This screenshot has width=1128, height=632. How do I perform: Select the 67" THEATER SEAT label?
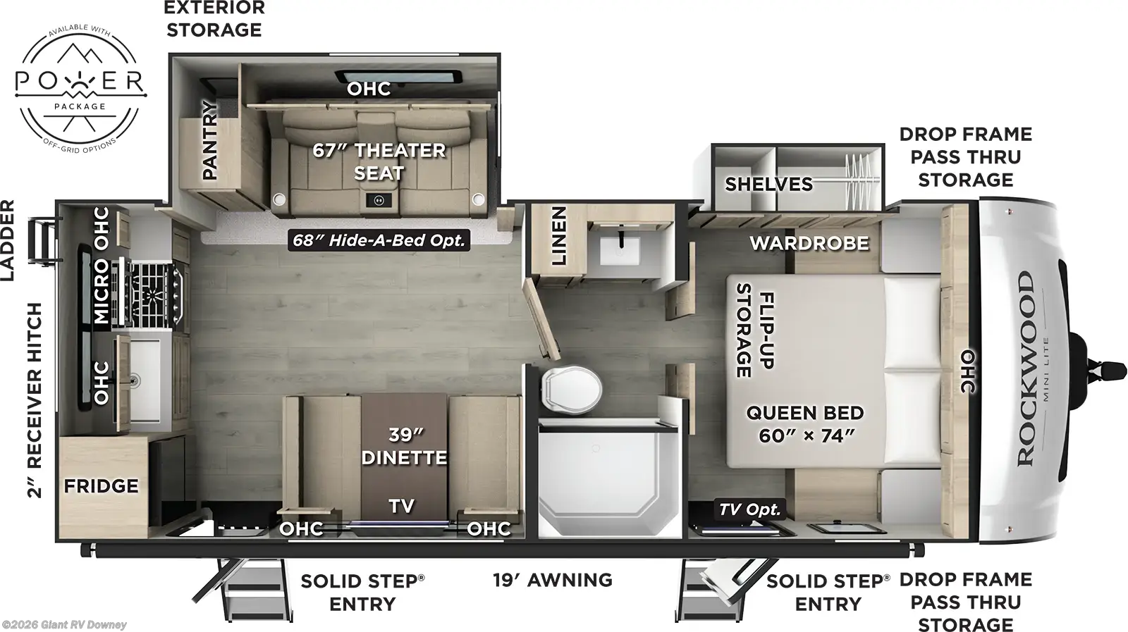pyautogui.click(x=379, y=161)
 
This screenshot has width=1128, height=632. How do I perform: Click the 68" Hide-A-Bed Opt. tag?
pyautogui.click(x=379, y=240)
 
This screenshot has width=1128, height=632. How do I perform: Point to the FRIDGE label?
pyautogui.click(x=101, y=486)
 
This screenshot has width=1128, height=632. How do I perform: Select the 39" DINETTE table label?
pyautogui.click(x=404, y=447)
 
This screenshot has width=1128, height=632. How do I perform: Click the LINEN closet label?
pyautogui.click(x=558, y=236)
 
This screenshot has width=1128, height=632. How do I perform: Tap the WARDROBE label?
pyautogui.click(x=809, y=244)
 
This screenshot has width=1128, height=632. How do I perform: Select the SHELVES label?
pyautogui.click(x=768, y=185)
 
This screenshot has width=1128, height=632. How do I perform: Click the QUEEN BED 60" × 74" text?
pyautogui.click(x=805, y=424)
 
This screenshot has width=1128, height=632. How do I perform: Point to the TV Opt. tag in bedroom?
pyautogui.click(x=749, y=509)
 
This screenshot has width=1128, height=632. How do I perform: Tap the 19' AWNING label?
pyautogui.click(x=552, y=580)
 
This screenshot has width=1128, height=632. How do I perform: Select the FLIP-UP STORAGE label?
pyautogui.click(x=754, y=330)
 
